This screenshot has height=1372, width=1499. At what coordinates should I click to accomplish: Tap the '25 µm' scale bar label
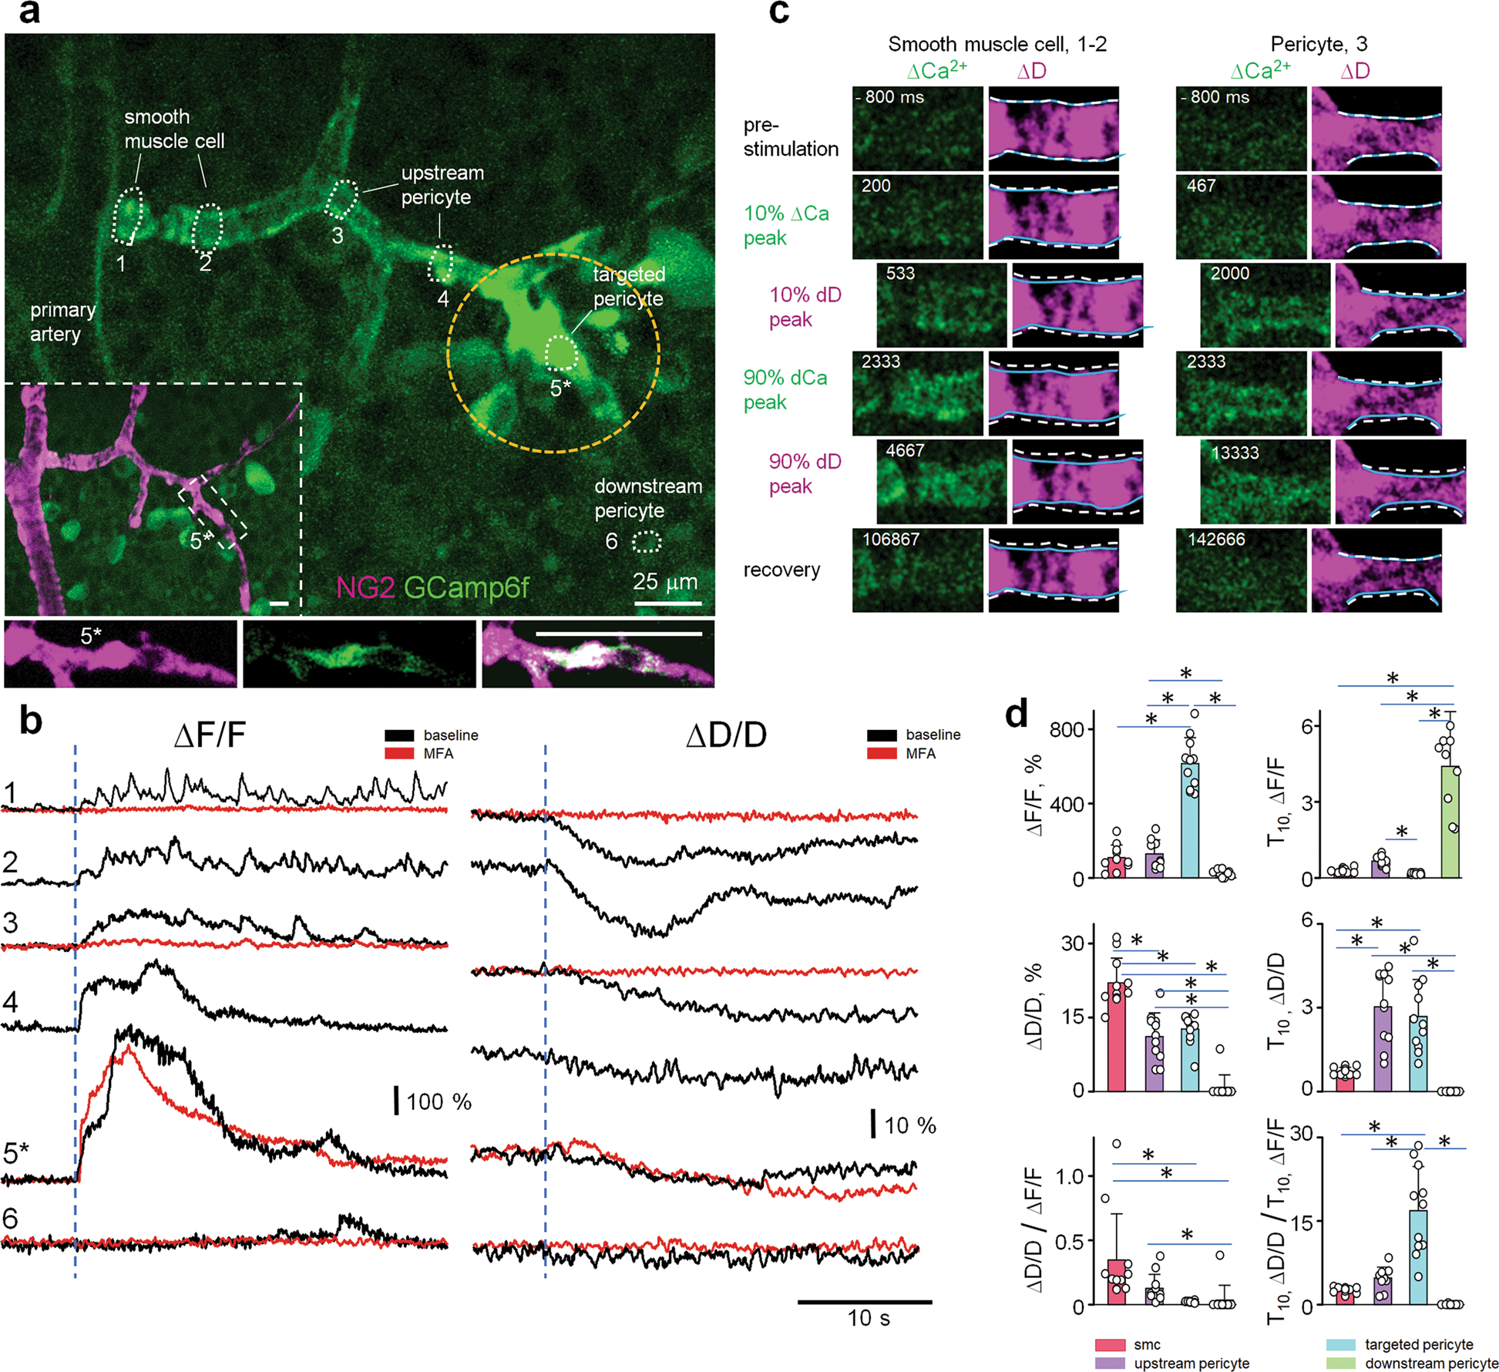(664, 581)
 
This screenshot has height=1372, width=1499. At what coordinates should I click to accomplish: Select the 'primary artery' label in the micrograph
(62, 321)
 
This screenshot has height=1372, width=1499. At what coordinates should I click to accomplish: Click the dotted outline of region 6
(647, 543)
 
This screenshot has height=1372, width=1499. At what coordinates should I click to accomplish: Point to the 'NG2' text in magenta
(366, 588)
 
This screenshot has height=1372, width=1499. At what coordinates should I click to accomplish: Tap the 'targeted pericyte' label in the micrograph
(628, 286)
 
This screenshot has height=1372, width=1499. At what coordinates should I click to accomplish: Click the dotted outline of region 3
(342, 199)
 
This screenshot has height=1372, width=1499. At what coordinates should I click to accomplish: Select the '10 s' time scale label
(868, 1318)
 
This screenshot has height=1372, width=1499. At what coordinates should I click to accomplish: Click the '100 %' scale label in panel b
(438, 1101)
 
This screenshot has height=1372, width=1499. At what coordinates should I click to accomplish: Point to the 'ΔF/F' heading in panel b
(210, 735)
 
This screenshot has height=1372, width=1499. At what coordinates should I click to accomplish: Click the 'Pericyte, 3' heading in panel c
(1319, 44)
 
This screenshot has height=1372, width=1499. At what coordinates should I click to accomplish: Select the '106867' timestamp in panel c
(890, 540)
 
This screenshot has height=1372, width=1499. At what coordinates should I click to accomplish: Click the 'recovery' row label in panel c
(781, 570)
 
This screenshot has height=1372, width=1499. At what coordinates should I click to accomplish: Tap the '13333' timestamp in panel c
(1235, 452)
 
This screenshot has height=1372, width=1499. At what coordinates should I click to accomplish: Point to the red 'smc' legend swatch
(1109, 1344)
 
